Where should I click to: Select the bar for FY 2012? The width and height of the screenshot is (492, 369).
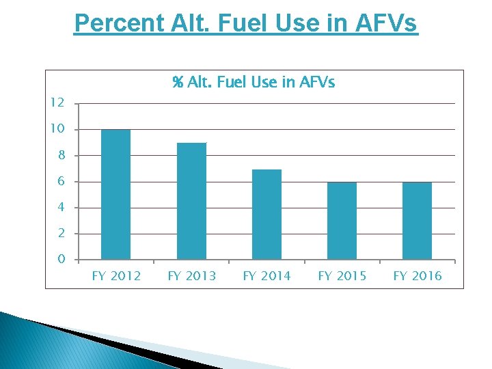pos(115,195)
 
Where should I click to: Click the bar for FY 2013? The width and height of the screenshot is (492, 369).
pos(191,201)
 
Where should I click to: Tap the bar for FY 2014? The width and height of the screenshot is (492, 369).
pos(266,215)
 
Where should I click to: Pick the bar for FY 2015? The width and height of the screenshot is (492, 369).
pos(342,221)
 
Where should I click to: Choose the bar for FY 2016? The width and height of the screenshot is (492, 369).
pos(417,221)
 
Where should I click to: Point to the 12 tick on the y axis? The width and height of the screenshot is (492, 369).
pos(57,103)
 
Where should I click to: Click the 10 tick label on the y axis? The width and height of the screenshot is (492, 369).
pos(57,129)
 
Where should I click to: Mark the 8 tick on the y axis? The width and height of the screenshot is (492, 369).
pos(61,155)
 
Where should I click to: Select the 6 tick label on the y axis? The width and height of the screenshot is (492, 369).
pos(61,181)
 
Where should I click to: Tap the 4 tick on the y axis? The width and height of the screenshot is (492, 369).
pos(61,207)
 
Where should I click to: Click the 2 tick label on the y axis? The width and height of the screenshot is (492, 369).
pos(61,233)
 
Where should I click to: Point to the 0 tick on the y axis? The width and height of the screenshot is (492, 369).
pos(61,259)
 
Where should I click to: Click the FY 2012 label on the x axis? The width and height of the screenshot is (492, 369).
pos(116,276)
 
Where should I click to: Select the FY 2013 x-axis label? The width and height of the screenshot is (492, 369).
pos(191,276)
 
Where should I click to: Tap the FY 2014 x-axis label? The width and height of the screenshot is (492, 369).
pos(266,276)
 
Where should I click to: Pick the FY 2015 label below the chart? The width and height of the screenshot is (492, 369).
pos(342,276)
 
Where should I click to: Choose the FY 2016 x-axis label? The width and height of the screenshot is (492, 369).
pos(417,276)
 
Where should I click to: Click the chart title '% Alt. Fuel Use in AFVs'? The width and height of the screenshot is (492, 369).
pos(254,83)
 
